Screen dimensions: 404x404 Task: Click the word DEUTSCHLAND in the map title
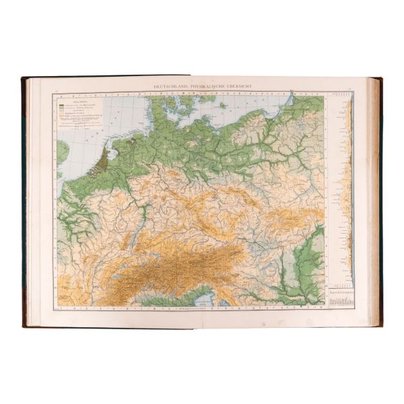[x=174, y=86]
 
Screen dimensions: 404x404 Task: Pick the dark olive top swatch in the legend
[x=61, y=106]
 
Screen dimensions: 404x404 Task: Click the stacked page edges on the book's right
[x=376, y=202]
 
